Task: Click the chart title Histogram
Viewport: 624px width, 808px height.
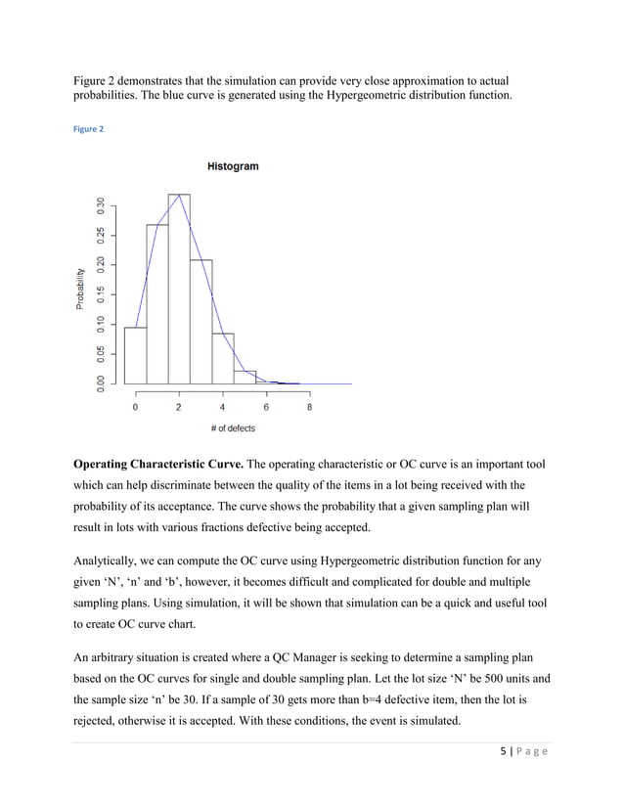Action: click(x=233, y=166)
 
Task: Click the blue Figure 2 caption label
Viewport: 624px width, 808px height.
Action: click(x=89, y=129)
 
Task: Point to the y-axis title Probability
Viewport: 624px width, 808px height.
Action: click(x=80, y=290)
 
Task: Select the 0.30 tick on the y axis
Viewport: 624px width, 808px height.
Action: click(x=99, y=204)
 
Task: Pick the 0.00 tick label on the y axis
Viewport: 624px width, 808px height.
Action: click(x=99, y=383)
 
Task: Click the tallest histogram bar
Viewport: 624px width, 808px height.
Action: click(x=179, y=289)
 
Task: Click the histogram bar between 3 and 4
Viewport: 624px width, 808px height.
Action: click(x=201, y=322)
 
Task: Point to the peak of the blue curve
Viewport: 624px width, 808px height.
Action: click(x=179, y=195)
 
